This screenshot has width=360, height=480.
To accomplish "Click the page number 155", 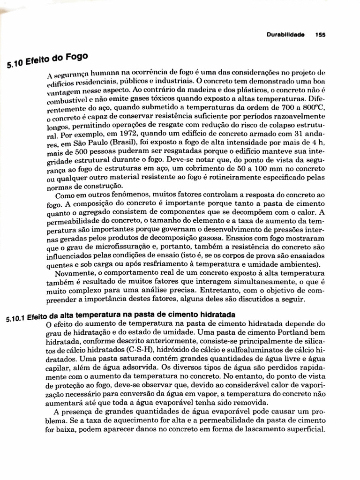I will click(321, 34).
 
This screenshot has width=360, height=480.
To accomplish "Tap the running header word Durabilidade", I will click(285, 34).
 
